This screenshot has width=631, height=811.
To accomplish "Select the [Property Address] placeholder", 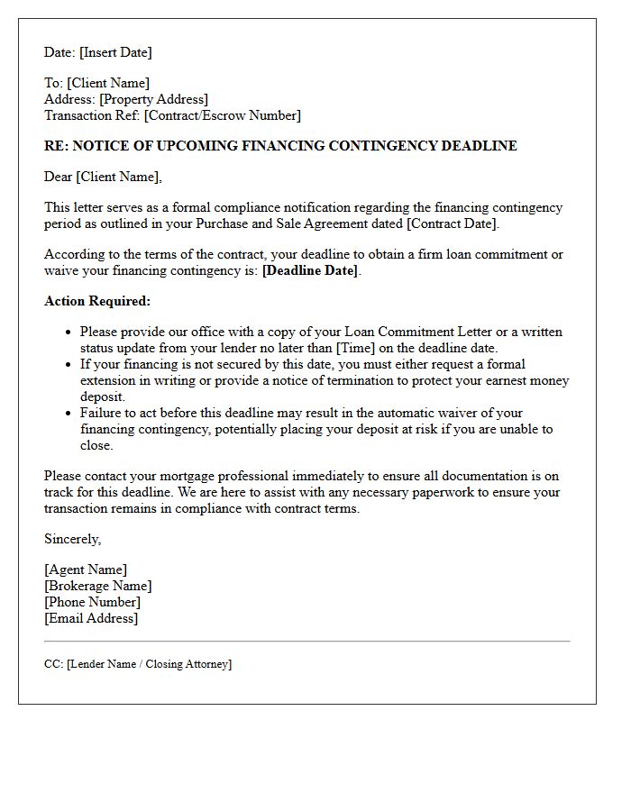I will pos(154,99).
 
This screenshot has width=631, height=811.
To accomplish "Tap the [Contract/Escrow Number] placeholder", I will pos(223,115).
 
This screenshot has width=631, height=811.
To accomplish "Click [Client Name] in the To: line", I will pos(108,83).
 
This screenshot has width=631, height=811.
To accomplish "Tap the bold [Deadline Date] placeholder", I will pos(309,270).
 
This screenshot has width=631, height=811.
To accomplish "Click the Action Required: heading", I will pos(97,301).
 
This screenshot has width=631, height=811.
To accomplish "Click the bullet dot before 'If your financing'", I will pos(68,365).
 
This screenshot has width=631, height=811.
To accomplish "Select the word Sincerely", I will pos(73,539).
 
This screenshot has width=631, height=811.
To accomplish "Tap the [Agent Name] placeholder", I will pos(86,570).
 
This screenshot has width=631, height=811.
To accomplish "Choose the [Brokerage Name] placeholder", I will pos(97,586).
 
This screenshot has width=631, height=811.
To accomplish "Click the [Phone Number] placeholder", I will pos(92,602).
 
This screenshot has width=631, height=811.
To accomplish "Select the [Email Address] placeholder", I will pos(91,618).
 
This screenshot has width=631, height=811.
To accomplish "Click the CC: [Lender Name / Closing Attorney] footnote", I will pos(138,664).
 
